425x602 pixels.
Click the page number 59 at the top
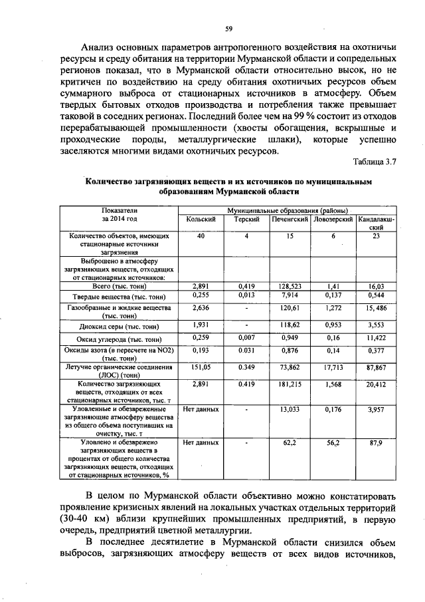pos(228,28)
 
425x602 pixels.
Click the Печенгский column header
pos(288,219)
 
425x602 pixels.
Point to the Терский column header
pos(246,219)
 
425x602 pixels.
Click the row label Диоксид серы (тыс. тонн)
pos(120,327)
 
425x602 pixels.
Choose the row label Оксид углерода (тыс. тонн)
pos(120,339)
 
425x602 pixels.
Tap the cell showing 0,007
pos(246,338)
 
